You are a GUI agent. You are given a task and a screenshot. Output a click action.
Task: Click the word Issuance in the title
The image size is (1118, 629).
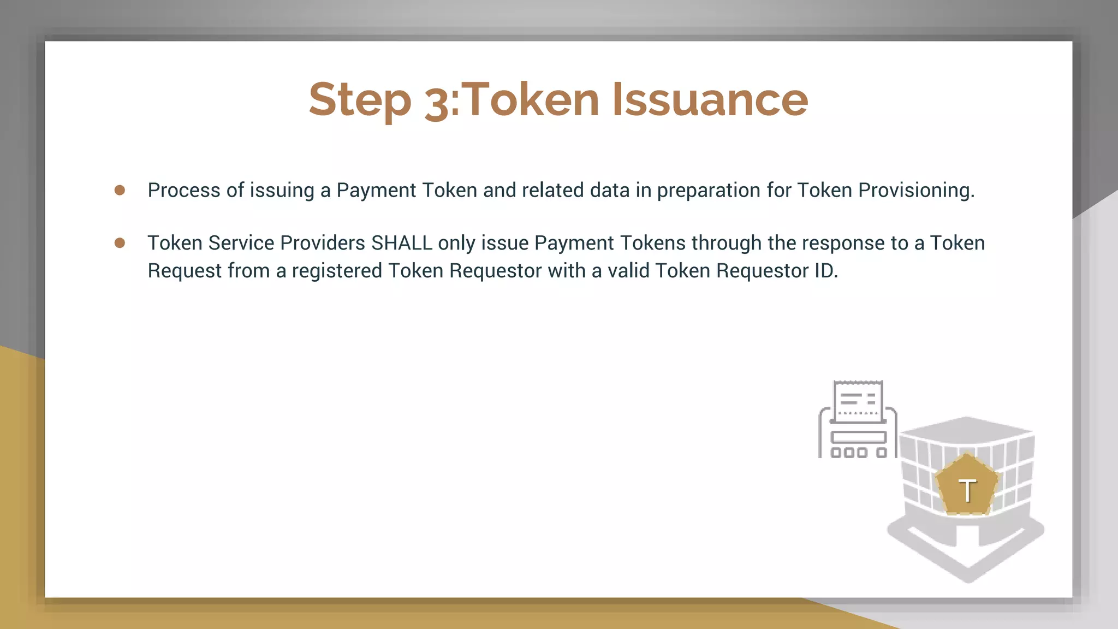[710, 99]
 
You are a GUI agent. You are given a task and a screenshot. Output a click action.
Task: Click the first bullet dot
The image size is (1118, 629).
[120, 190]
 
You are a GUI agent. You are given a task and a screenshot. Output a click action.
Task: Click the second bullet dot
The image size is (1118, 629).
[120, 243]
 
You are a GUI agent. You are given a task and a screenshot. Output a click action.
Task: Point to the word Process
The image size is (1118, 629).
[184, 190]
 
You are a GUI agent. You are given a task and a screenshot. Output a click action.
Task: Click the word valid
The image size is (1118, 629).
[628, 271]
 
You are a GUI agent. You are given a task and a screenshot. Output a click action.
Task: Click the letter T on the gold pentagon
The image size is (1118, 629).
[967, 490]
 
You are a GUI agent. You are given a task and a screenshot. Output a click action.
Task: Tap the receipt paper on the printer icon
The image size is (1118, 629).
[858, 401]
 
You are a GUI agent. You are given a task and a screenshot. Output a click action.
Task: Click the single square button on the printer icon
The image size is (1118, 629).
[881, 453]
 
